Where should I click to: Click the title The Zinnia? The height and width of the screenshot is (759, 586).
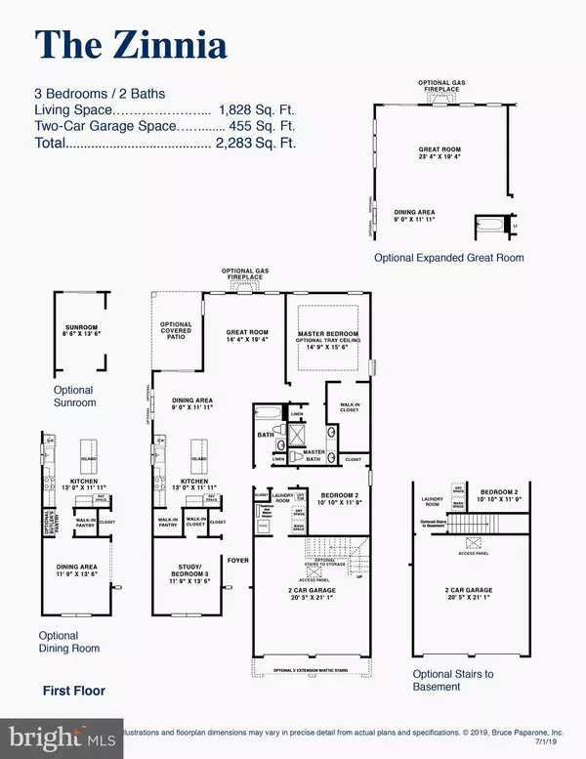(x=131, y=44)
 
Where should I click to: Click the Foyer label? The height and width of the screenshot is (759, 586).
(x=240, y=534)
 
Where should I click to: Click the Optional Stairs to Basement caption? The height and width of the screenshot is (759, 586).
(x=448, y=681)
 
